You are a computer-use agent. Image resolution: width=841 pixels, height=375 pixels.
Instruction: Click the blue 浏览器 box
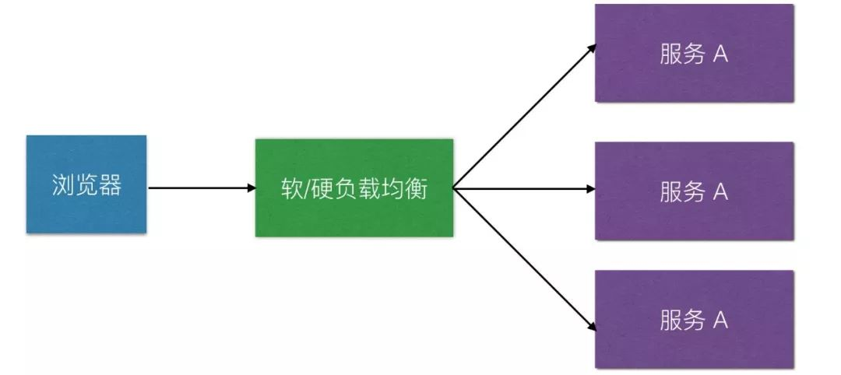86,184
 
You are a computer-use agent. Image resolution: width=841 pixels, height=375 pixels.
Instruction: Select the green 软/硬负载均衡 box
354,187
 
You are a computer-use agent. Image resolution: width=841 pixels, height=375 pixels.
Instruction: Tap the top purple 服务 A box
694,53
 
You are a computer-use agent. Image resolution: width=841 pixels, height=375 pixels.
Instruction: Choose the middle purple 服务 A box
694,191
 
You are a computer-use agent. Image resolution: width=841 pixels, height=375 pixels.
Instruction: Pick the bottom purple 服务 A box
694,319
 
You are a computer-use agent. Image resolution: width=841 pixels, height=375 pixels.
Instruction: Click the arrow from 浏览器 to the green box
199,187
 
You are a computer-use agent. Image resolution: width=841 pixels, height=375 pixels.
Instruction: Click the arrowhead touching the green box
250,187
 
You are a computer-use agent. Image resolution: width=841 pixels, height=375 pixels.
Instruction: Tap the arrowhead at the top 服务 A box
591,47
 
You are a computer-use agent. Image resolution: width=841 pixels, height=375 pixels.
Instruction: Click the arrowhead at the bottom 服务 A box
591,327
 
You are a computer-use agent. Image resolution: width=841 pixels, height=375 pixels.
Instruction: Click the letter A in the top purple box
720,54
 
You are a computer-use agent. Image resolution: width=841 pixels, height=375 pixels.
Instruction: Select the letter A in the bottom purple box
720,321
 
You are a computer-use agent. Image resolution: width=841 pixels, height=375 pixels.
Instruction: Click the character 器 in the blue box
111,185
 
